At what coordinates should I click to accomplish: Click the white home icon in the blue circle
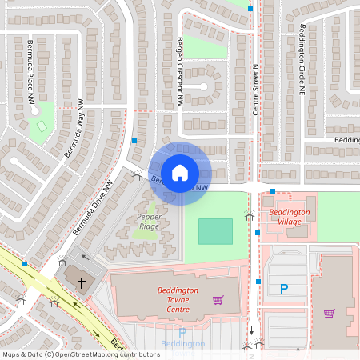180,172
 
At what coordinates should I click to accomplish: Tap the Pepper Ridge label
148,222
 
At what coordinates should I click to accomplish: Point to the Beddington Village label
290,217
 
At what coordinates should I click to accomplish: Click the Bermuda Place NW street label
32,72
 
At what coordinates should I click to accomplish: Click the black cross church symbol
81,283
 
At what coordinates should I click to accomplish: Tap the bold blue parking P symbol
283,289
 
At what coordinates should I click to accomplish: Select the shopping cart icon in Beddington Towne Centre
218,300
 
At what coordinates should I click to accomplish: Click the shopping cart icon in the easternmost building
329,313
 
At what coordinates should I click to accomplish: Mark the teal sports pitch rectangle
215,231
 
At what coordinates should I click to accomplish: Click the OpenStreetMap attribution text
81,354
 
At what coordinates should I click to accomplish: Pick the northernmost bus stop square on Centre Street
250,9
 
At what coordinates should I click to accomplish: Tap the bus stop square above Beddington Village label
273,191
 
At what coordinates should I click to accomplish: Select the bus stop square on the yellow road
25,263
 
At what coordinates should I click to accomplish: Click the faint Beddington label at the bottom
182,344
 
